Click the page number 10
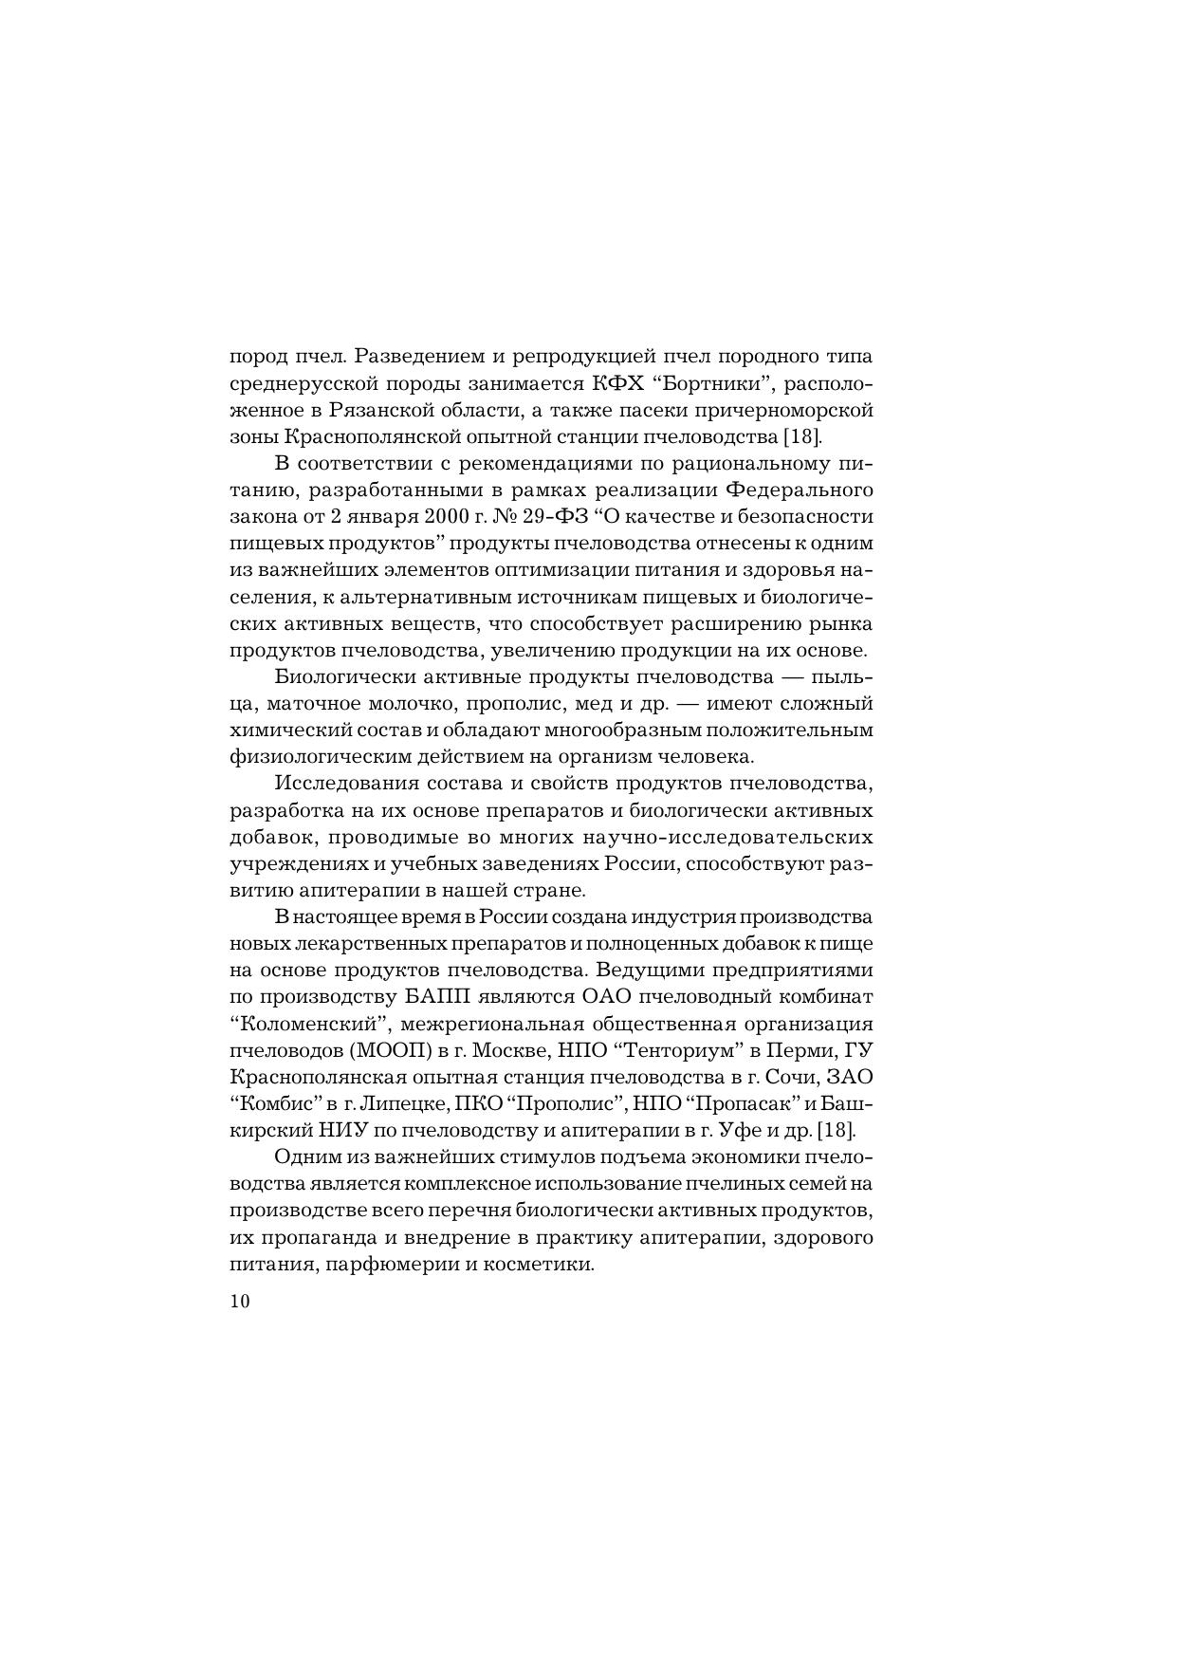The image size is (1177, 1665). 239,1301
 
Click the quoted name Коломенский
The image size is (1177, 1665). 313,1025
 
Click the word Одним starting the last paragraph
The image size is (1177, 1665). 299,1157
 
